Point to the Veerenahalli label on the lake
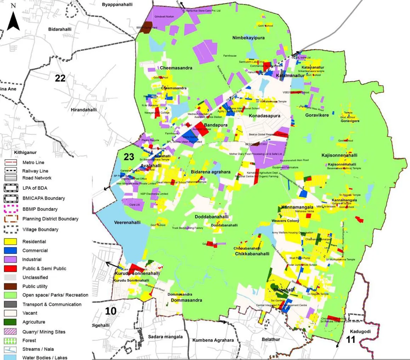127,223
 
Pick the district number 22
60,78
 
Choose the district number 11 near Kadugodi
350,340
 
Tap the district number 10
111,311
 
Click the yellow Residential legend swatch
10,242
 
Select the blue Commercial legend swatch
10,251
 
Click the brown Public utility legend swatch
10,286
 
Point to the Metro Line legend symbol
10,163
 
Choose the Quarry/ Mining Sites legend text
44,332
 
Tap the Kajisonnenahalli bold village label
339,155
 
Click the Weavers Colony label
285,221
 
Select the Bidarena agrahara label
210,172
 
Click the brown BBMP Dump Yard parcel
144,28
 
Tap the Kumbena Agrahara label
213,340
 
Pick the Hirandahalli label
84,110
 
